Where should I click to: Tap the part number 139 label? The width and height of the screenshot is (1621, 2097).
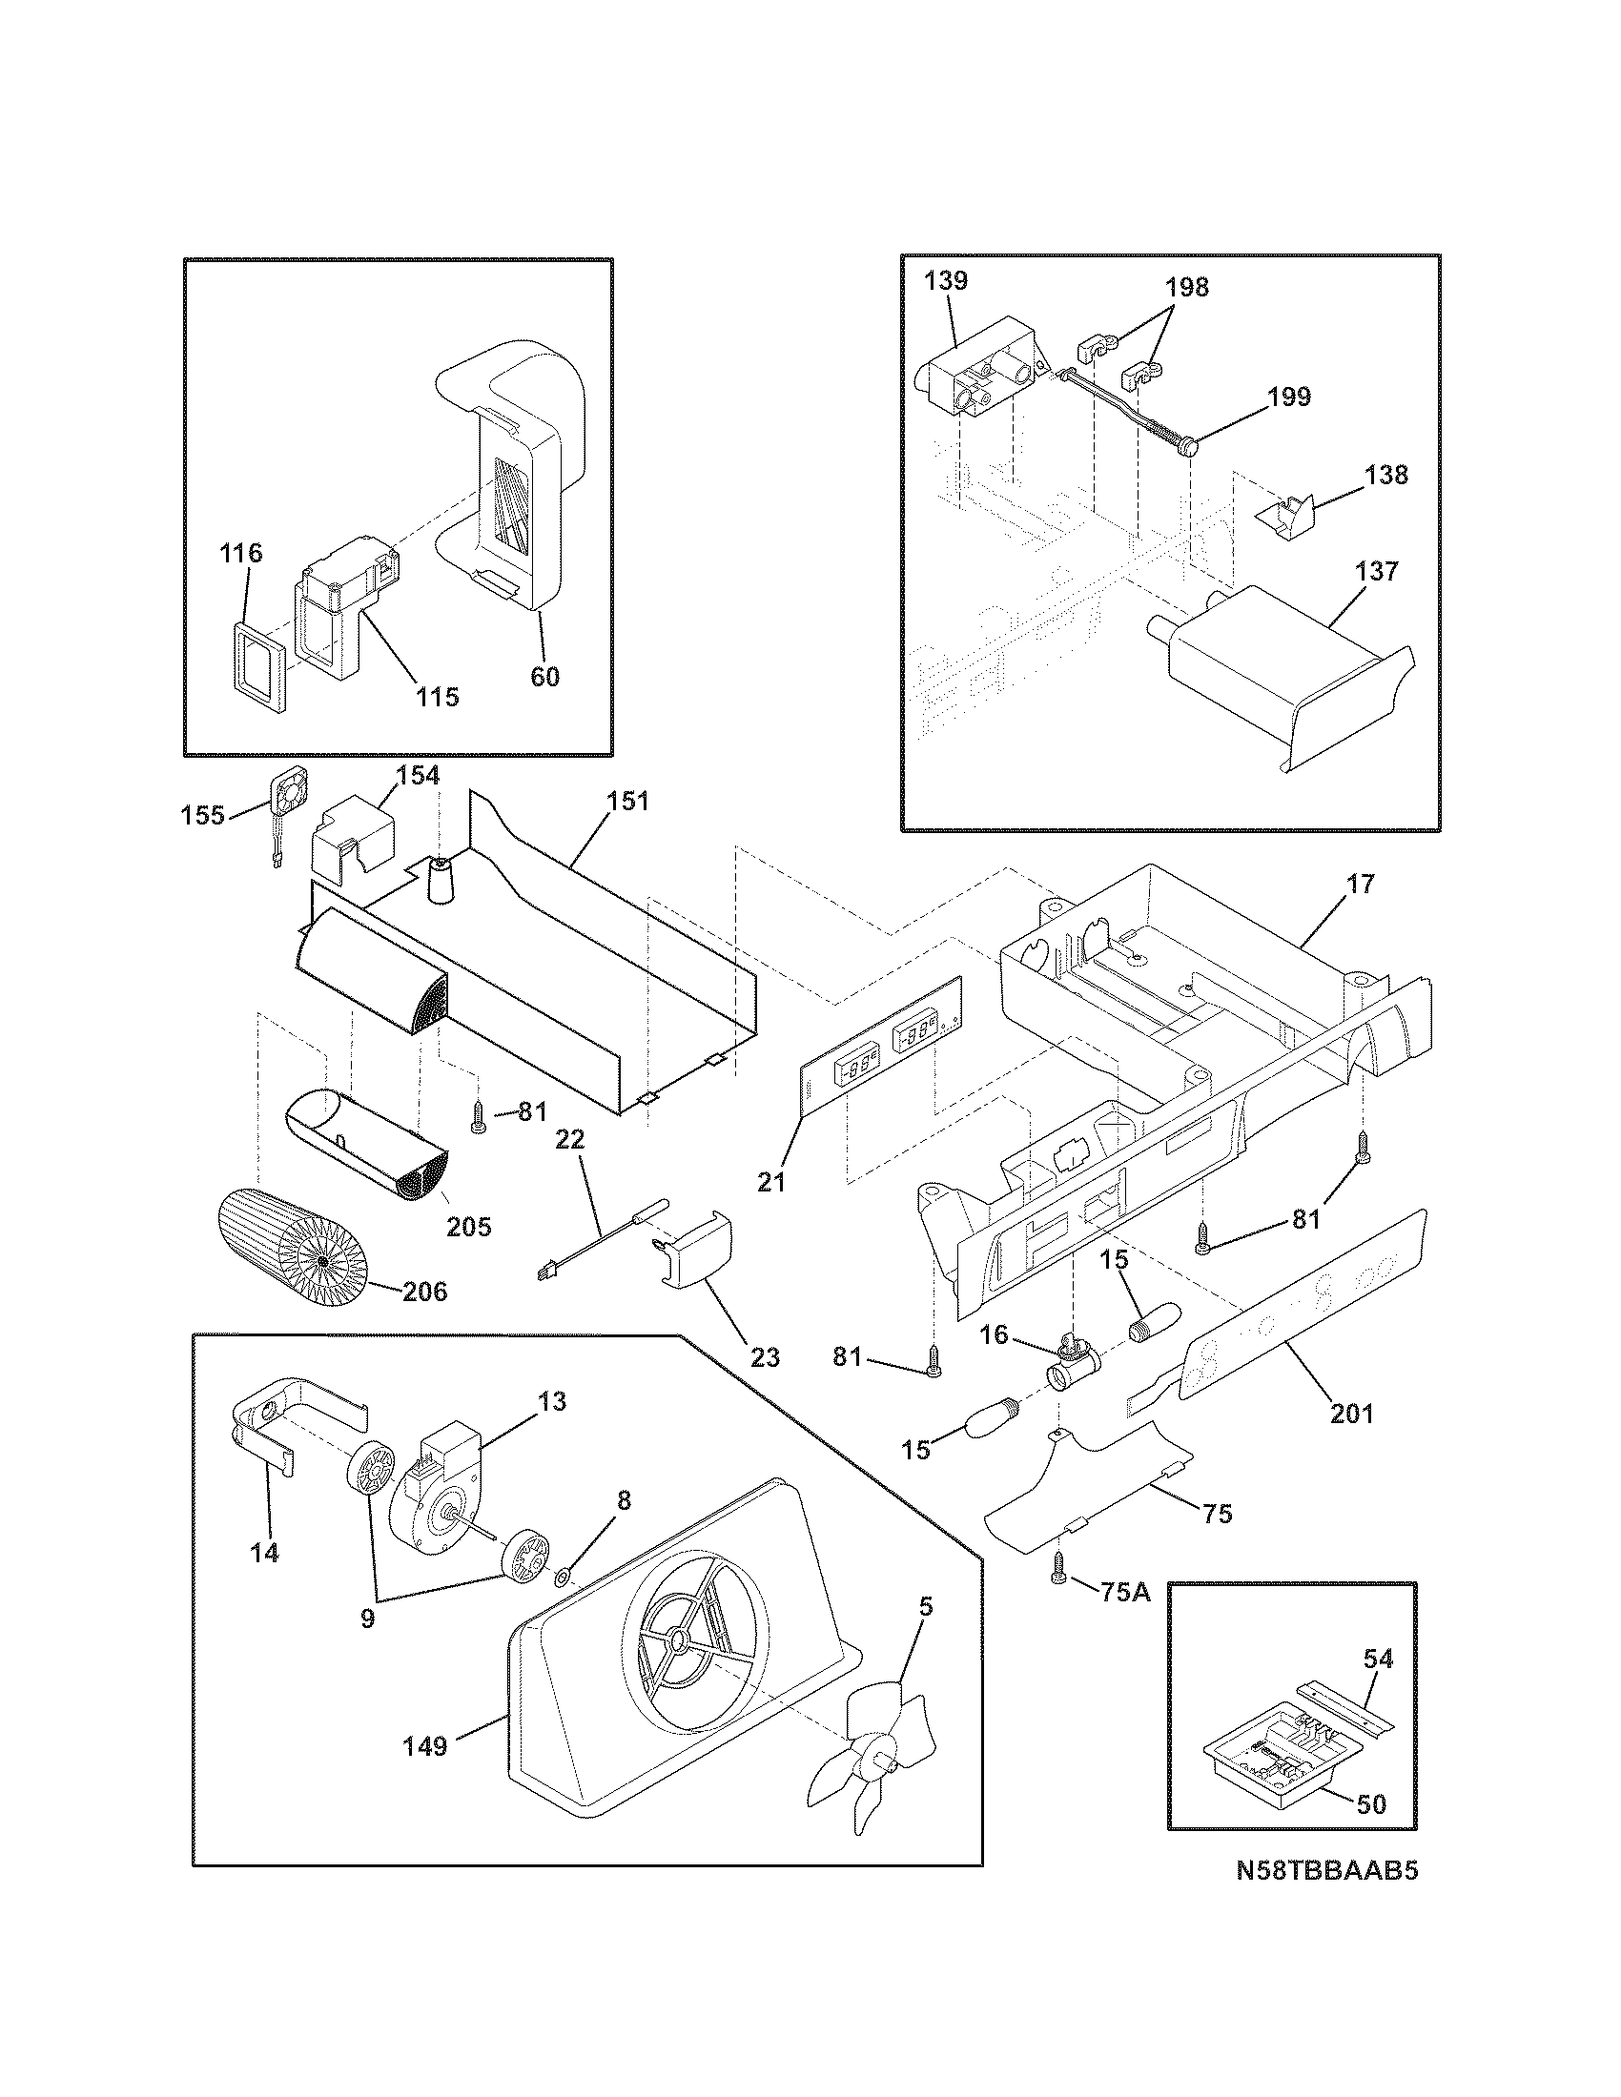click(946, 281)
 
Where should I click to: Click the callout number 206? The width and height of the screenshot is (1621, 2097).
click(424, 1292)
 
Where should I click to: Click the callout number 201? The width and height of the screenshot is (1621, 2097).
click(1351, 1414)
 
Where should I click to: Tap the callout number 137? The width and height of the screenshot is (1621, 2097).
click(1377, 571)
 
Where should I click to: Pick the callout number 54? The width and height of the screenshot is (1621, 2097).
click(1378, 1659)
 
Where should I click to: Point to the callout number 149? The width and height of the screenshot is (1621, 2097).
click(425, 1745)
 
